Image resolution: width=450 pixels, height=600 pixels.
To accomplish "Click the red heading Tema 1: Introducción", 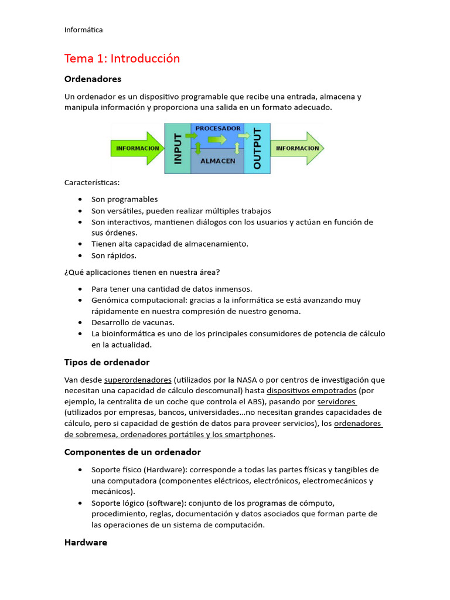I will [122, 59].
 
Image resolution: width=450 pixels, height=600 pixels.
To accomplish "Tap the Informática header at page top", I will [83, 30].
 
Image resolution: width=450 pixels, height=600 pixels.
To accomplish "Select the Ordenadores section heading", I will [93, 79].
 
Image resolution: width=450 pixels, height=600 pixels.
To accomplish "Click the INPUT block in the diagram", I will [178, 149].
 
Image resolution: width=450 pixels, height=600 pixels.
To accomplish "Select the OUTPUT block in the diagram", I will [257, 149].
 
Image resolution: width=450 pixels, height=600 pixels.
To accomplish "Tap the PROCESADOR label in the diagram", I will [217, 128].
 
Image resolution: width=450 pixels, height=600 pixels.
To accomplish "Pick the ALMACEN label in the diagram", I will [217, 161].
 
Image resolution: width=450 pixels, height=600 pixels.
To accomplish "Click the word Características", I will [91, 183].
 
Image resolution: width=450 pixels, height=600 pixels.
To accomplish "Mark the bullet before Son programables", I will [79, 200].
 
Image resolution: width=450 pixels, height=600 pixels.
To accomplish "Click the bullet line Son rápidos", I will [114, 255].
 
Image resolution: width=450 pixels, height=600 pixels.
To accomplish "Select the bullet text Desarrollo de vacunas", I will [132, 322].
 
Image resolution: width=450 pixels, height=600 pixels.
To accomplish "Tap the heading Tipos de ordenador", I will [107, 363].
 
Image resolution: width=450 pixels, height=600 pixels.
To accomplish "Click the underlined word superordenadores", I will [138, 380].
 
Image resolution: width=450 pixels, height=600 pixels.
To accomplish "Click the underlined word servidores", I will [336, 402].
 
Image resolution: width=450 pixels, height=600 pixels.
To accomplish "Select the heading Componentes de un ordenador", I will [132, 452].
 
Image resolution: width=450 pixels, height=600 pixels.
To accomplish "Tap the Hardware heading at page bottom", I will [86, 543].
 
